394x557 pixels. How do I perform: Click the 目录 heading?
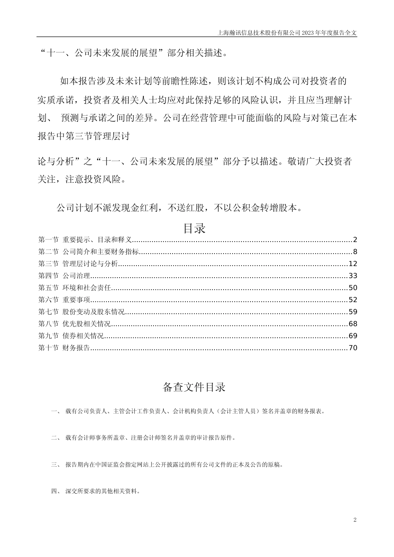194,228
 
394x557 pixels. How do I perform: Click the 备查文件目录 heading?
194,387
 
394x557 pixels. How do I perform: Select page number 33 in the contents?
353,276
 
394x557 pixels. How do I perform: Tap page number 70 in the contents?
353,348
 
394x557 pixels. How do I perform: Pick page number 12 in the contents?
353,264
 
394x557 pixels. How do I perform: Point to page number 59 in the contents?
353,312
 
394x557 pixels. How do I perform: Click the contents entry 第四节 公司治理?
64,276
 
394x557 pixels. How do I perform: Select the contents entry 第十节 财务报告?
64,348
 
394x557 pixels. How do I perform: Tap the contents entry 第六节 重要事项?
64,300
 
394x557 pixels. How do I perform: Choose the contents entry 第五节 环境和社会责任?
75,288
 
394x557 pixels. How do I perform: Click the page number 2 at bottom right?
355,520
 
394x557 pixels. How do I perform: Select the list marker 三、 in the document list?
55,465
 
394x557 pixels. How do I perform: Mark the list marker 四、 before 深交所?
55,491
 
